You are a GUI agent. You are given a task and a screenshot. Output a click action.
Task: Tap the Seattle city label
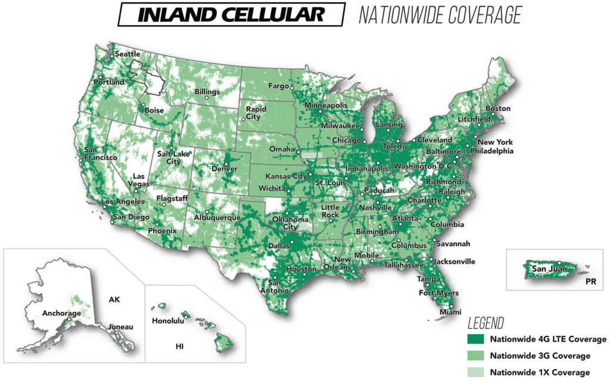point(127,54)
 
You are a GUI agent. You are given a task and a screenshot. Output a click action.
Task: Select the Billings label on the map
point(207,92)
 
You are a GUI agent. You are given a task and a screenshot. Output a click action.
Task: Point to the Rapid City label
point(256,113)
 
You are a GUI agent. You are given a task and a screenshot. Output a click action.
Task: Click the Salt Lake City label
point(169,157)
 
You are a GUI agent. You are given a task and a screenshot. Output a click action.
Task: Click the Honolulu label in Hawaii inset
point(167,320)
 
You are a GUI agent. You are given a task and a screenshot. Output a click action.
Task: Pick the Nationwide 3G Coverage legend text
point(540,356)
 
